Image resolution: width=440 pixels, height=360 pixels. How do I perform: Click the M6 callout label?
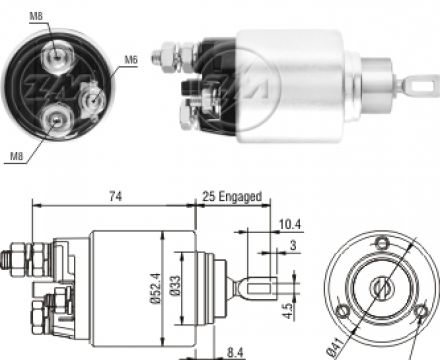pos(131,60)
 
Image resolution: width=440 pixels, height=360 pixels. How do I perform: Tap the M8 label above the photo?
pos(36,16)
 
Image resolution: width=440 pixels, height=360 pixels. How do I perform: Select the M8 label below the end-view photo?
pos(17,156)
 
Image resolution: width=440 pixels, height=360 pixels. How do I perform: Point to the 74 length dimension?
pos(115,197)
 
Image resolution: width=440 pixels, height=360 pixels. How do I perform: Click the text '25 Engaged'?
pos(232,196)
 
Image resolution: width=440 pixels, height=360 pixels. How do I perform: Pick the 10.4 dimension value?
pos(290,224)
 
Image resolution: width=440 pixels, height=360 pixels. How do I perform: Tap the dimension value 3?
pos(293,245)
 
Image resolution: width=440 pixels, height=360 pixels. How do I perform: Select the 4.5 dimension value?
pos(288,310)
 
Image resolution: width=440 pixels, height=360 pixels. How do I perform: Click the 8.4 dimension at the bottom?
pos(235,353)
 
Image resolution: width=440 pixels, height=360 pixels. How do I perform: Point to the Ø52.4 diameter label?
pos(155,288)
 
